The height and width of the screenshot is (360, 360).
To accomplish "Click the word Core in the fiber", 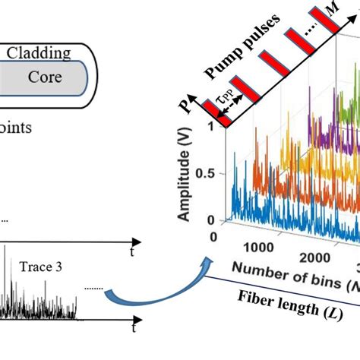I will coord(45,77).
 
